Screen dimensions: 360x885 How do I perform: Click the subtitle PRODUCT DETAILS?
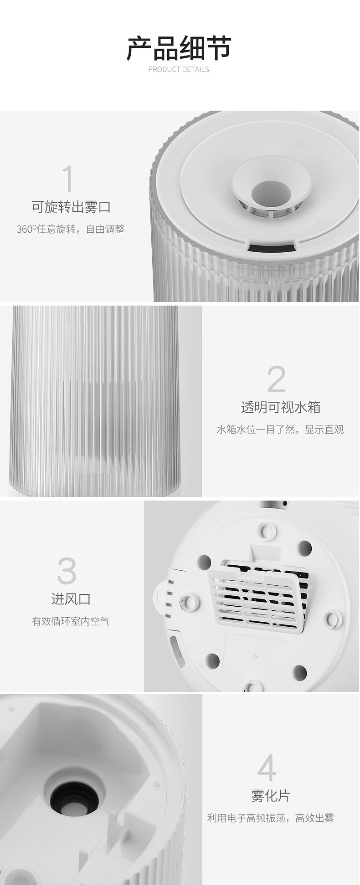click(179, 69)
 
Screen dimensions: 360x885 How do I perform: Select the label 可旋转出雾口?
click(71, 207)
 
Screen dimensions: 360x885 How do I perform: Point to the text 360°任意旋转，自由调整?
click(71, 229)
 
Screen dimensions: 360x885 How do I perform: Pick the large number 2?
click(277, 379)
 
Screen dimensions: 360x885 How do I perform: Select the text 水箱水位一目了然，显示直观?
click(280, 430)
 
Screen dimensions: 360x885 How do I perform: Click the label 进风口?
click(71, 599)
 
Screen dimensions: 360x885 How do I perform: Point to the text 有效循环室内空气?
click(71, 621)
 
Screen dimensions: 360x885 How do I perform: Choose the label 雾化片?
click(270, 796)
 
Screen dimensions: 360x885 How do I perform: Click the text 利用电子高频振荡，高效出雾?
click(270, 818)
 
